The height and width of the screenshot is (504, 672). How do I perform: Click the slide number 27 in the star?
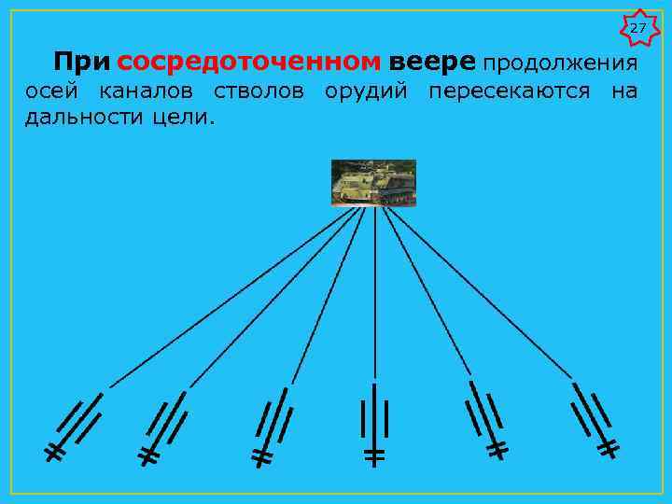coord(637,29)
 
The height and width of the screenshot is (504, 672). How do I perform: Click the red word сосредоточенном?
coord(250,63)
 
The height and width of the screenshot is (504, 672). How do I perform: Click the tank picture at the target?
coord(373,182)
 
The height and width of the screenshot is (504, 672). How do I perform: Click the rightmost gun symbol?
coord(592,419)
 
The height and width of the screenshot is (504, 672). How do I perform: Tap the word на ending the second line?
coord(625,92)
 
